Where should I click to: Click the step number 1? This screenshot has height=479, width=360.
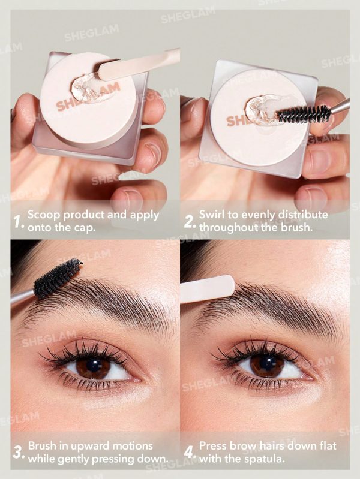coord(17,222)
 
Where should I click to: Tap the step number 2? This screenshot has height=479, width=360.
coord(190,222)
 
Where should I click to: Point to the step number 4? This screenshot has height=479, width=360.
coord(190,451)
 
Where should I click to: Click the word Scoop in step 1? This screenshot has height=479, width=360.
coord(44,215)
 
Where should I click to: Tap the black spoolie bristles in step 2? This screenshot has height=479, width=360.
coord(304,113)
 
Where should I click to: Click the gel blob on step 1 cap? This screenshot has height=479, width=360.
coord(86,88)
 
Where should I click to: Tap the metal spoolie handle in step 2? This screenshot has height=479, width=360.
coord(340,107)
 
